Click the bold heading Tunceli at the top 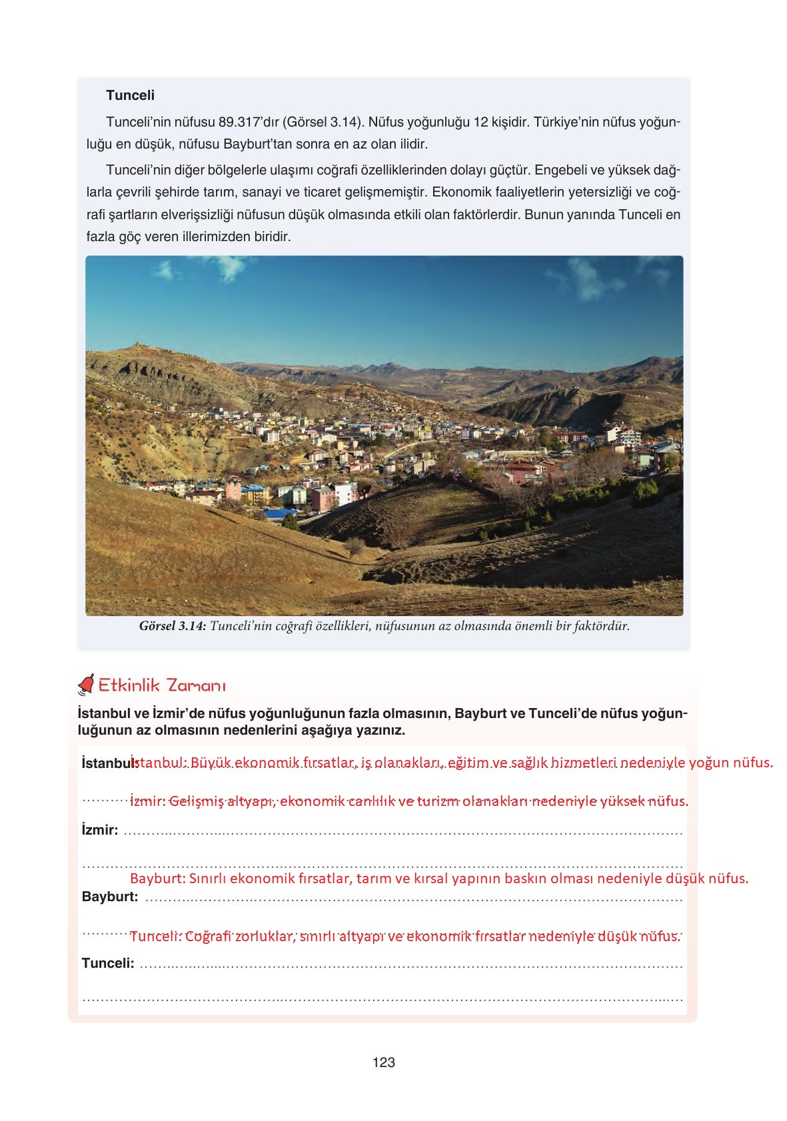click(x=130, y=95)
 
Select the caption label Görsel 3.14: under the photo click(x=173, y=626)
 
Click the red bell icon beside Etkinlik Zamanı click(x=86, y=684)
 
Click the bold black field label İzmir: click(x=100, y=830)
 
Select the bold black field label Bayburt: click(x=110, y=897)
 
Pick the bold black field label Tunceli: click(x=108, y=963)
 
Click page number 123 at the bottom click(x=384, y=1062)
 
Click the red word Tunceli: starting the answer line click(x=155, y=936)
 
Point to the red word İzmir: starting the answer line click(x=147, y=801)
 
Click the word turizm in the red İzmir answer click(x=438, y=801)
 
